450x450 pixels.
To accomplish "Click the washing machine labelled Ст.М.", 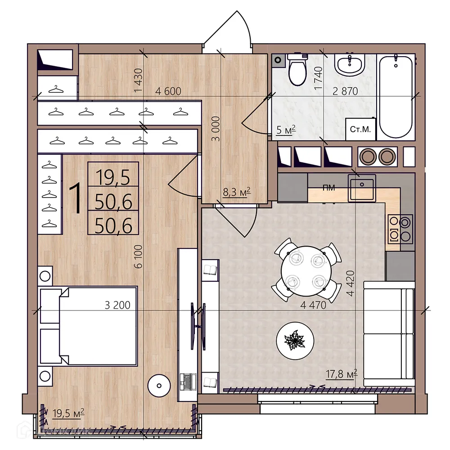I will [x=360, y=130].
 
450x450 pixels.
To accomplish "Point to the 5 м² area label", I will [x=285, y=131].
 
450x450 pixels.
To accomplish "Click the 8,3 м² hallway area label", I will [x=236, y=193].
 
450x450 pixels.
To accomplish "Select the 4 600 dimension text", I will [x=168, y=91].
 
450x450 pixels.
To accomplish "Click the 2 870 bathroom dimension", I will [x=345, y=91].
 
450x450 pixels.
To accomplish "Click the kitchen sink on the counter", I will [x=361, y=188].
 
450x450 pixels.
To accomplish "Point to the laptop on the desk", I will [x=188, y=382].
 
